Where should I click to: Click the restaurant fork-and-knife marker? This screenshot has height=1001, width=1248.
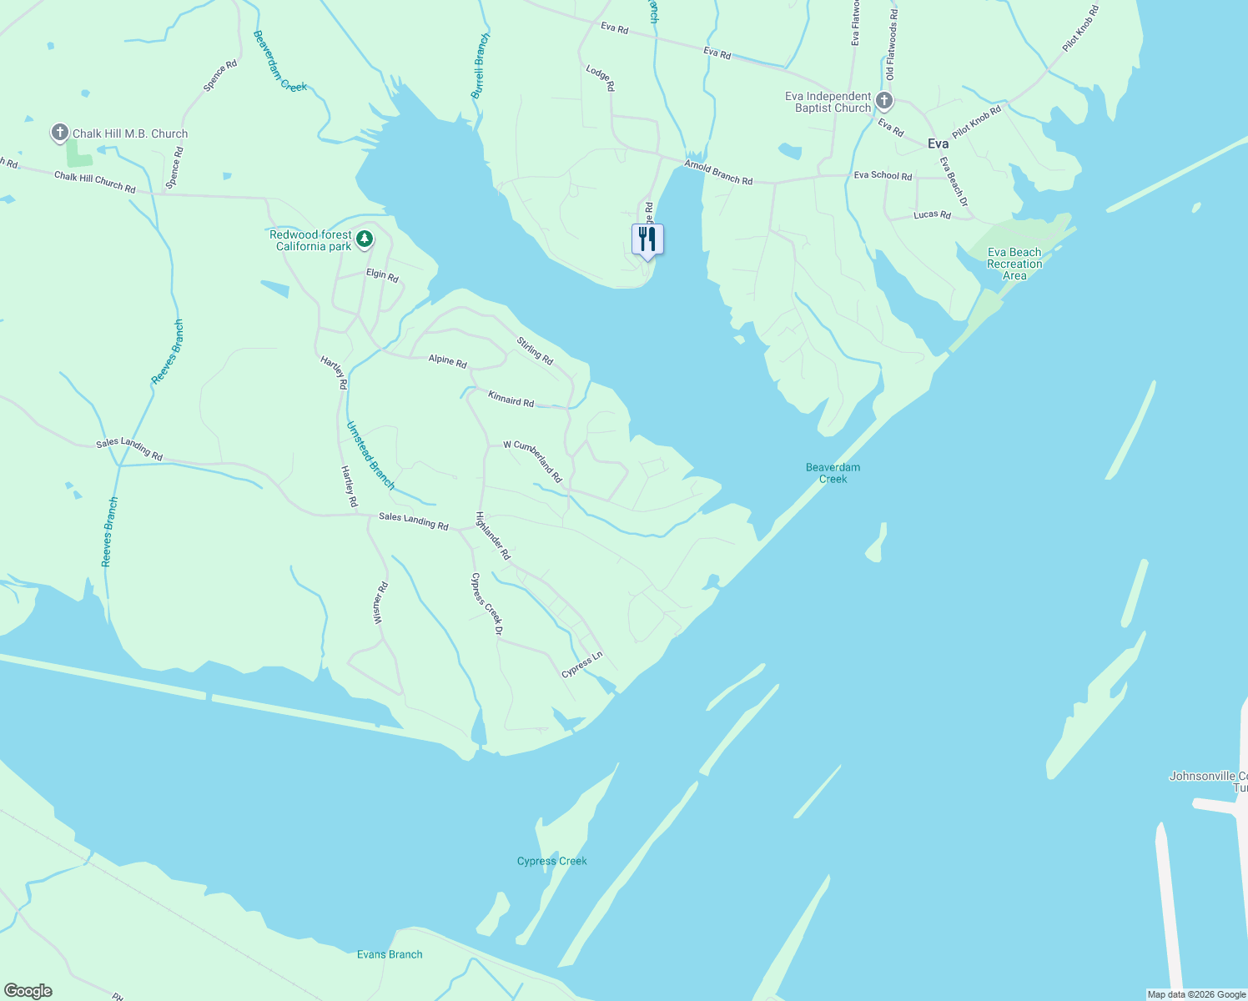[x=647, y=239]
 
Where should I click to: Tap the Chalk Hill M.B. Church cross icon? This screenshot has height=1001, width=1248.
[x=59, y=133]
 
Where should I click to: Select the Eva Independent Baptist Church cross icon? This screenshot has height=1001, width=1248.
[x=884, y=102]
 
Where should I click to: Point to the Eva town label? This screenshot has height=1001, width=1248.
[x=938, y=143]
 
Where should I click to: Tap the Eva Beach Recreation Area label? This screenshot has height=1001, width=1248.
[x=1014, y=264]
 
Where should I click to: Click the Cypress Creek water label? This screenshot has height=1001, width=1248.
[x=551, y=861]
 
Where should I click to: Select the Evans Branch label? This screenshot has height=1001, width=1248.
[x=390, y=954]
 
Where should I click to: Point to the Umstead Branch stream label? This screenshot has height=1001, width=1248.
[x=370, y=455]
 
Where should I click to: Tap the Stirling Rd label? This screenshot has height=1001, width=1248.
[x=535, y=350]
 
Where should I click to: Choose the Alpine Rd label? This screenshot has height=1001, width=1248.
[x=447, y=360]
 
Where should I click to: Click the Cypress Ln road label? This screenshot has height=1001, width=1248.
[x=581, y=664]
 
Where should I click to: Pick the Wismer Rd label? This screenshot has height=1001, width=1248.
[x=381, y=603]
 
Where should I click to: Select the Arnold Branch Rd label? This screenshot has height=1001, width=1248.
[x=718, y=173]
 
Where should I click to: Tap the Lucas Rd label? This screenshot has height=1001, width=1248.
[x=932, y=214]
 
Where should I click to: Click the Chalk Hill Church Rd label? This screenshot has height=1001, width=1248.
[x=94, y=182]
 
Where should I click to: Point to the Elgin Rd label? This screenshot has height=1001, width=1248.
[x=382, y=275]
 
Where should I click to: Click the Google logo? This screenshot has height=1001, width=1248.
[x=27, y=991]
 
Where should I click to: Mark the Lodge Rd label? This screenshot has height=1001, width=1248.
[x=600, y=78]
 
